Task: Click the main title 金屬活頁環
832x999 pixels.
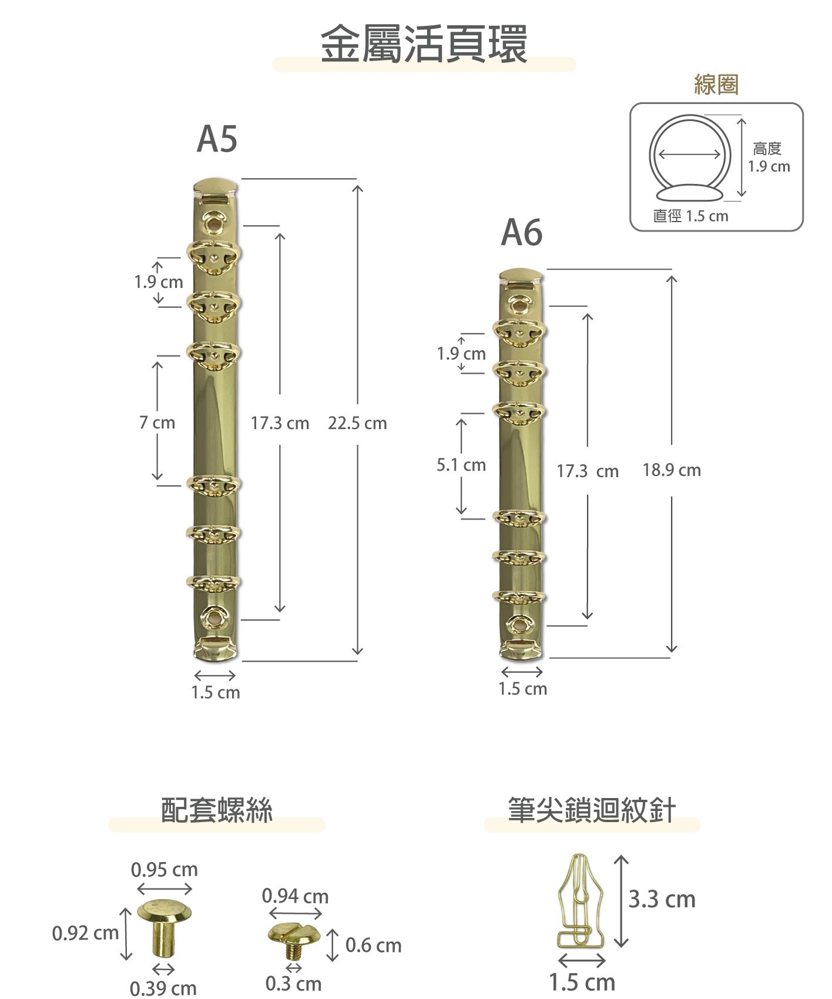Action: [424, 44]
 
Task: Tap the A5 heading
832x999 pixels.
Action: [217, 139]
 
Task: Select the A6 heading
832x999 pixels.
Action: [521, 233]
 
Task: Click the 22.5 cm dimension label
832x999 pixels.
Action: [357, 423]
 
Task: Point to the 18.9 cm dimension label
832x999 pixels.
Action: [672, 470]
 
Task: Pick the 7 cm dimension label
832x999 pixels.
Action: [157, 423]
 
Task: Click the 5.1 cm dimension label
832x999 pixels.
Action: [461, 465]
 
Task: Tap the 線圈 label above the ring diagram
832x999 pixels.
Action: [716, 85]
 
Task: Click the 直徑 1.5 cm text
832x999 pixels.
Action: [690, 216]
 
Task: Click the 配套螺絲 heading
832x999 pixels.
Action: [217, 810]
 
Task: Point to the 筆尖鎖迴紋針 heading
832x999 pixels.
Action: [592, 810]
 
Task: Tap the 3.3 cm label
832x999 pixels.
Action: [662, 900]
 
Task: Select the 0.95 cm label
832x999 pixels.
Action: [165, 869]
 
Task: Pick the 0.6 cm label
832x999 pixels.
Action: [373, 946]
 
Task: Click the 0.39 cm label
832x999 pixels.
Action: [163, 988]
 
